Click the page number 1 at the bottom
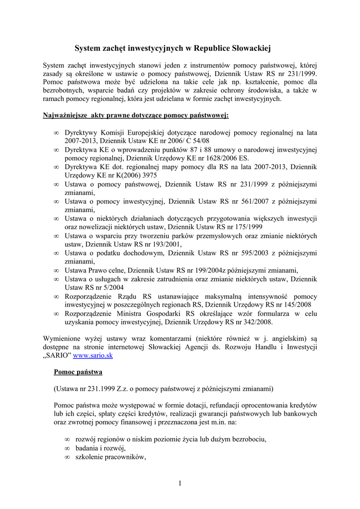pyautogui.click(x=180, y=483)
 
